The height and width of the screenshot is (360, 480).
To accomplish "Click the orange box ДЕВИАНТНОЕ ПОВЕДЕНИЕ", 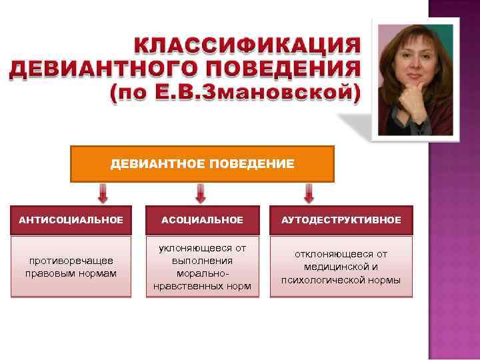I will coord(202,164).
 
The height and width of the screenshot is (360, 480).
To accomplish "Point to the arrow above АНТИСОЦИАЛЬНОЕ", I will coord(103,193).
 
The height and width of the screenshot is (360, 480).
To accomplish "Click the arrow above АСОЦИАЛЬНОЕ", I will coord(201,193).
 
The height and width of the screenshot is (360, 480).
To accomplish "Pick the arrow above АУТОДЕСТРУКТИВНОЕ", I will coord(309,193).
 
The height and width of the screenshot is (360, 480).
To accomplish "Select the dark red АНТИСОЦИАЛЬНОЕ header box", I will coord(71,220).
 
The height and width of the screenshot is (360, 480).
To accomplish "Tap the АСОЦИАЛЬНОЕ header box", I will coord(202,220).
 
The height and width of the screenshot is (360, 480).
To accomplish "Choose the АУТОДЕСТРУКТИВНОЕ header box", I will coord(341,220).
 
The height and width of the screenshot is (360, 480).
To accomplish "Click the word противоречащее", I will coord(71,261).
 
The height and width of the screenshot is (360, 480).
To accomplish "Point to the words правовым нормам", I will coord(71,273).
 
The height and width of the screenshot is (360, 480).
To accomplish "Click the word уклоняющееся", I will coord(202,248).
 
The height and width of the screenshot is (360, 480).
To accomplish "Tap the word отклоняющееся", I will coord(341,254).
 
